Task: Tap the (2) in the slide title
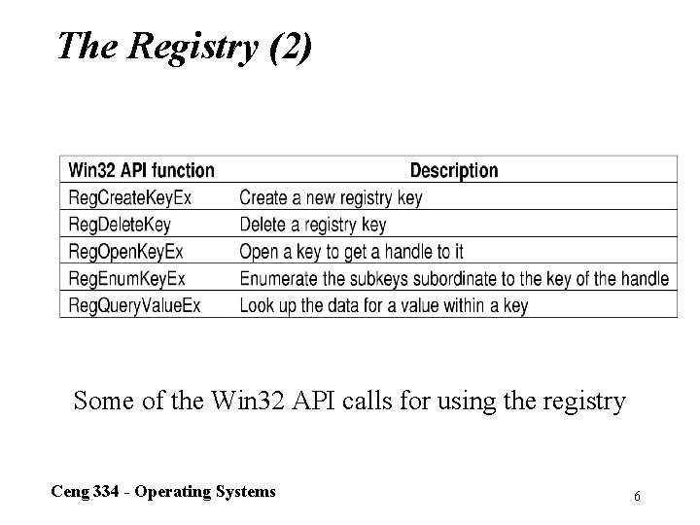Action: tap(287, 46)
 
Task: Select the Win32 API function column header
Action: tap(141, 170)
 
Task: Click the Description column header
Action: tap(453, 170)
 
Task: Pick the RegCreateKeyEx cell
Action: tap(130, 197)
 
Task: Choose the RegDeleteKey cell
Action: tap(120, 225)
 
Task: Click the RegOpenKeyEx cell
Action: tap(126, 252)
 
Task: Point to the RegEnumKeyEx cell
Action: tap(126, 279)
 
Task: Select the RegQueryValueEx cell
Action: tap(134, 305)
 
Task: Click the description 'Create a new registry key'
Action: tap(331, 197)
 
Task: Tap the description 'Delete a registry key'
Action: tap(312, 225)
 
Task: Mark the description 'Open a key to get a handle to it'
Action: tap(351, 252)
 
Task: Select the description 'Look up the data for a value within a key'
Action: tap(383, 305)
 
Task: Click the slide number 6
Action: tap(636, 496)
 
